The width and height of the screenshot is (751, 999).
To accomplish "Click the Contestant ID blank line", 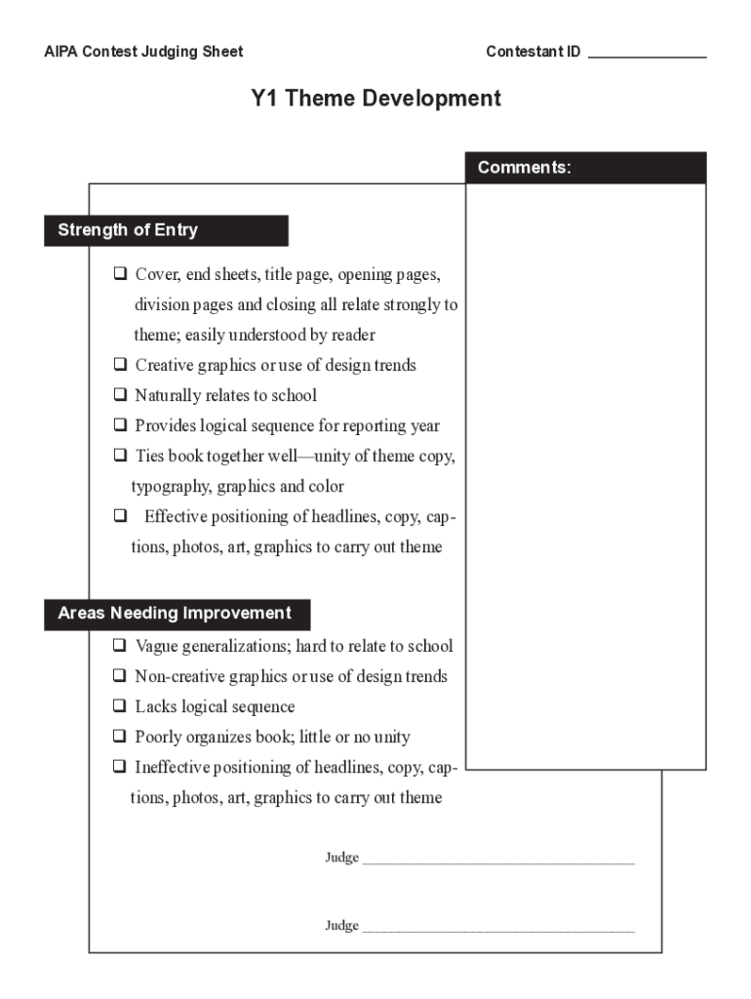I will point(647,56).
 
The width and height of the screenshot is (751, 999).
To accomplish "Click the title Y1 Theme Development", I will point(375,99).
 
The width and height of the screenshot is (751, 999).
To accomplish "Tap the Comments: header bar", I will point(585,168).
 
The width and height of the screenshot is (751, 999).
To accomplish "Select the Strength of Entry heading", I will point(166,230).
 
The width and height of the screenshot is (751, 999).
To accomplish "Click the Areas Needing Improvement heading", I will point(177,614).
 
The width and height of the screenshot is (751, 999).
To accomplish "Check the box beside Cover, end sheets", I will point(120,274).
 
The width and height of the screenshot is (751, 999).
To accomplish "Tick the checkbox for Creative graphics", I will point(120,365).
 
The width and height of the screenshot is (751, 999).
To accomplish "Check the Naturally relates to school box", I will point(120,395).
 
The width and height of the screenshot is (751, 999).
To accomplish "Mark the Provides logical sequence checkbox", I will point(120,425).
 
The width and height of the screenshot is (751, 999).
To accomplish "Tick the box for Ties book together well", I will point(120,456).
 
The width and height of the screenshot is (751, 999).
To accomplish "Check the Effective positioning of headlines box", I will point(120,516).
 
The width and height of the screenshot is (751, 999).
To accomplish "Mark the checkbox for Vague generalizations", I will point(120,646).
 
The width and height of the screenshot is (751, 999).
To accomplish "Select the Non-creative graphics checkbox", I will point(120,676).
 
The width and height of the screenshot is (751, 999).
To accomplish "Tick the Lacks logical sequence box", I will point(120,706).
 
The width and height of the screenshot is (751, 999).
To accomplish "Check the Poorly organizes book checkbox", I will point(120,737).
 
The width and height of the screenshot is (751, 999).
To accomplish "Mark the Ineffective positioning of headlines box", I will point(120,767).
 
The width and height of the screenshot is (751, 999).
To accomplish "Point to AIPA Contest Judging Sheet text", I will point(143,52).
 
